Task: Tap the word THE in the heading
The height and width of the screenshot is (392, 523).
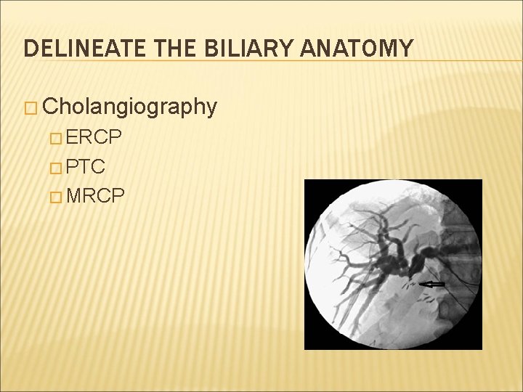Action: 169,49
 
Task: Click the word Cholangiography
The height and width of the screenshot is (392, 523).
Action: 130,107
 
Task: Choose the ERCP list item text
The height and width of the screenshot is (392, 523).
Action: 97,139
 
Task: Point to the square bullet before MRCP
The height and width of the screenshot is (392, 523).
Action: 59,197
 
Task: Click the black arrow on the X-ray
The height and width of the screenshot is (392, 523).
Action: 434,284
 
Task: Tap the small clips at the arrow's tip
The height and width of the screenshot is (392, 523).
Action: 412,285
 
